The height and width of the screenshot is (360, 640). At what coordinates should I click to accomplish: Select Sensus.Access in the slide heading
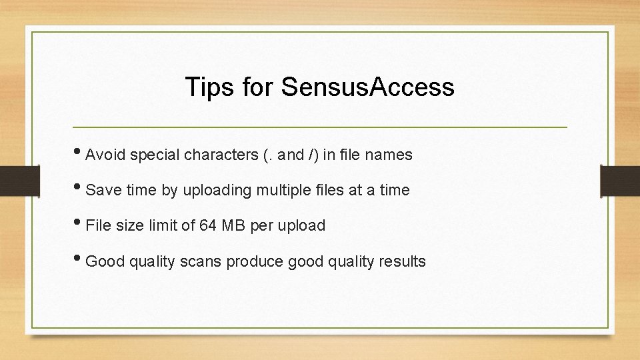coord(367,87)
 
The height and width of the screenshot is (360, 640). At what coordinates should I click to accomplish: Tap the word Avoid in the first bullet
coord(106,155)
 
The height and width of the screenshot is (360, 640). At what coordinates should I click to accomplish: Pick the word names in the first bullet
coord(391,155)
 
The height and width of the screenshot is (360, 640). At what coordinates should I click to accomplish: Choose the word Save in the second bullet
coord(101,191)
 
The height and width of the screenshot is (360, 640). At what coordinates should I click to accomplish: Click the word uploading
coord(217,191)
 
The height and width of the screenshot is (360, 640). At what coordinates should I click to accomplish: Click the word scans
coord(201,261)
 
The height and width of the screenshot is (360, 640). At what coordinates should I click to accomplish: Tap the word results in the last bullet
coord(402,261)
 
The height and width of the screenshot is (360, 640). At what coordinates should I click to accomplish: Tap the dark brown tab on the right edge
coord(620,180)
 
